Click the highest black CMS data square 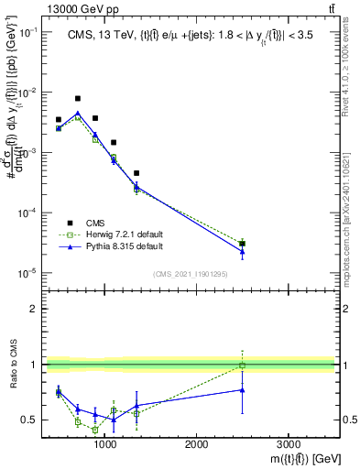(78, 98)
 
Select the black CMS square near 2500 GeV (242, 244)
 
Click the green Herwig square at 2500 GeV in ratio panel (242, 365)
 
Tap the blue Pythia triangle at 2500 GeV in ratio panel (242, 390)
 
